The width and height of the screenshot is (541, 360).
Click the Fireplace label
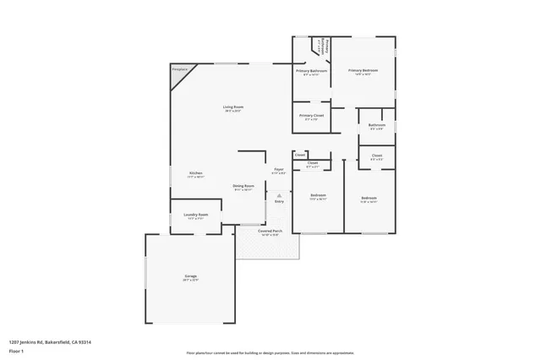click(x=179, y=68)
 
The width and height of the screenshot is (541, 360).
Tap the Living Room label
click(x=233, y=106)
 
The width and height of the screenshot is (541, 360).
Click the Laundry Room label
click(x=196, y=215)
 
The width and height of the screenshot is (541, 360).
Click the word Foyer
click(x=278, y=169)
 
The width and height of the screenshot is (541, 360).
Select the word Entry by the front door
click(x=279, y=201)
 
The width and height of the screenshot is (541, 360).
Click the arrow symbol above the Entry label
click(x=279, y=194)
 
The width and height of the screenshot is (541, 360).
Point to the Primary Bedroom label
click(x=363, y=70)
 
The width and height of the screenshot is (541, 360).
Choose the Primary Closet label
click(x=312, y=115)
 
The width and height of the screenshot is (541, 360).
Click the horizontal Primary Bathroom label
click(x=312, y=71)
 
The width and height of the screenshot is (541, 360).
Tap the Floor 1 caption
click(x=16, y=350)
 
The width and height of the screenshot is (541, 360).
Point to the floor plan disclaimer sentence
click(x=270, y=352)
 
